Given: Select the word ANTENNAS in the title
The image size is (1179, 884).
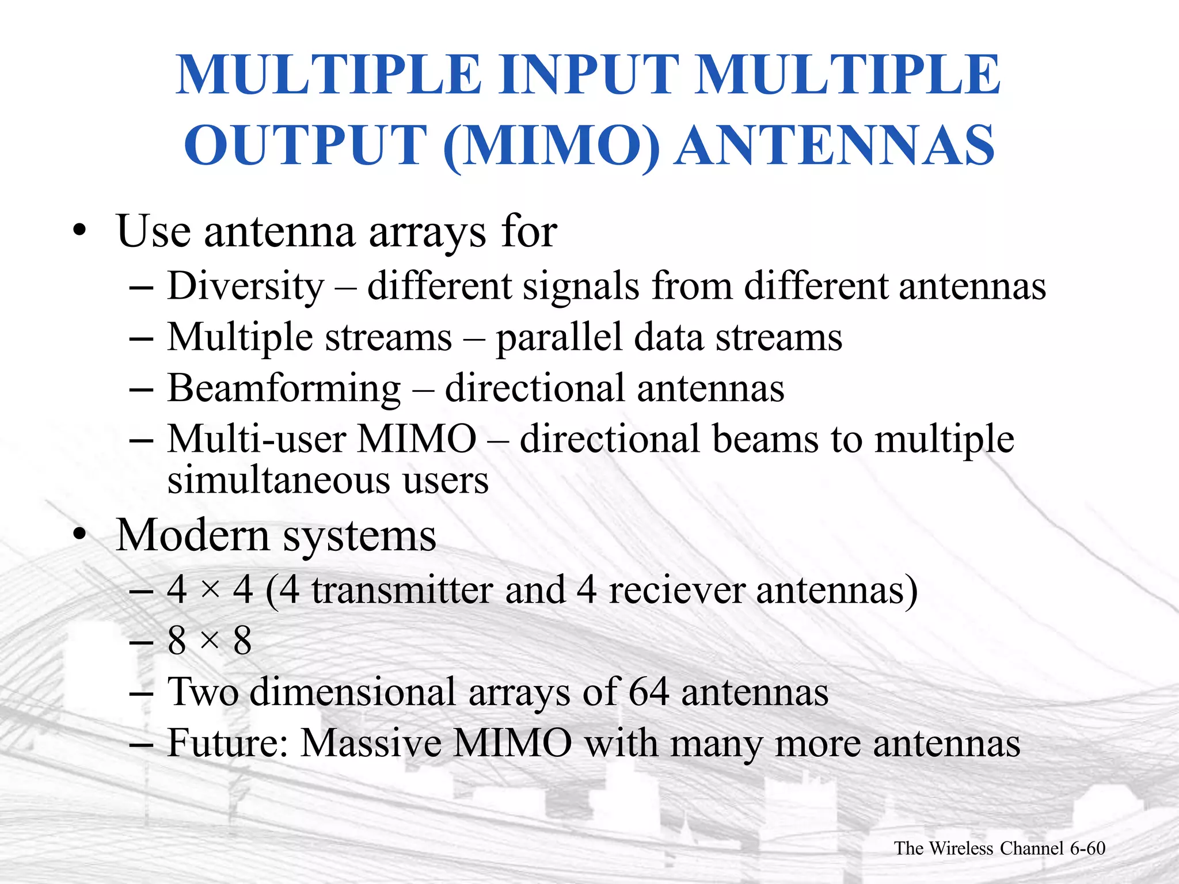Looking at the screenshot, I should (x=834, y=145).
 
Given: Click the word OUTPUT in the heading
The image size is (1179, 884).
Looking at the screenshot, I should (x=306, y=145).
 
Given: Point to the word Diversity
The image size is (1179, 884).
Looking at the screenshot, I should (x=246, y=286).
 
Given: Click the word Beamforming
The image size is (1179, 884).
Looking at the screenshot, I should (x=284, y=388).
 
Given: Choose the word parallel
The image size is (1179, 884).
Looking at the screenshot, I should (x=559, y=337).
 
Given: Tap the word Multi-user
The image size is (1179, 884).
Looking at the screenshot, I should (x=256, y=439).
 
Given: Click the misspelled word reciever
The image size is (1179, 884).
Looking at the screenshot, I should (x=677, y=590).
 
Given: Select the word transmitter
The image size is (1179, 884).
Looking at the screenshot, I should (x=402, y=590).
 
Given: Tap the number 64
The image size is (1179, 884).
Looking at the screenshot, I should (x=648, y=692).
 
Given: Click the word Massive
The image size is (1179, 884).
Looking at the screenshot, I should (x=371, y=743).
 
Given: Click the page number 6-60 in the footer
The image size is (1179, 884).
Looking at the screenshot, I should (x=1087, y=848).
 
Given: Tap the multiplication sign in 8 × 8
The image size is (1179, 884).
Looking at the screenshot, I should (x=210, y=641).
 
